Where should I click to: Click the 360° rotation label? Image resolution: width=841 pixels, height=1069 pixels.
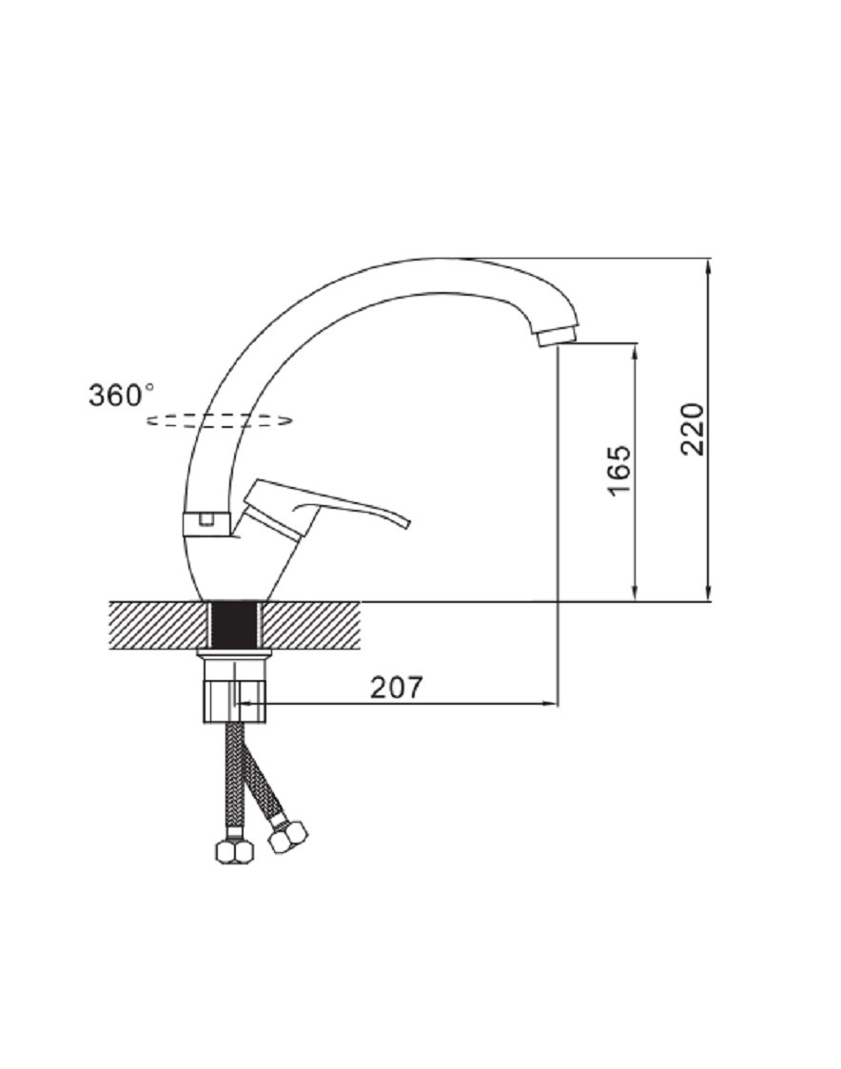[122, 395]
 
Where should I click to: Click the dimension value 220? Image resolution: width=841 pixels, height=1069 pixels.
[693, 430]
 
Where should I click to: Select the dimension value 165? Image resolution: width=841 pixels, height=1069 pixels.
[618, 471]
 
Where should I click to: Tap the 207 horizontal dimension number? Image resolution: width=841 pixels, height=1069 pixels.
[397, 688]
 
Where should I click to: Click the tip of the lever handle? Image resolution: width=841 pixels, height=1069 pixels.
[407, 524]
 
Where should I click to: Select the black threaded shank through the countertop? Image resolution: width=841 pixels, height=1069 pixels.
[235, 625]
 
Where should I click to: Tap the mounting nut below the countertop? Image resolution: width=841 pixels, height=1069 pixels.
[235, 690]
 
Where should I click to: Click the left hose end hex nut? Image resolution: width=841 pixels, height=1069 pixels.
[235, 851]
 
